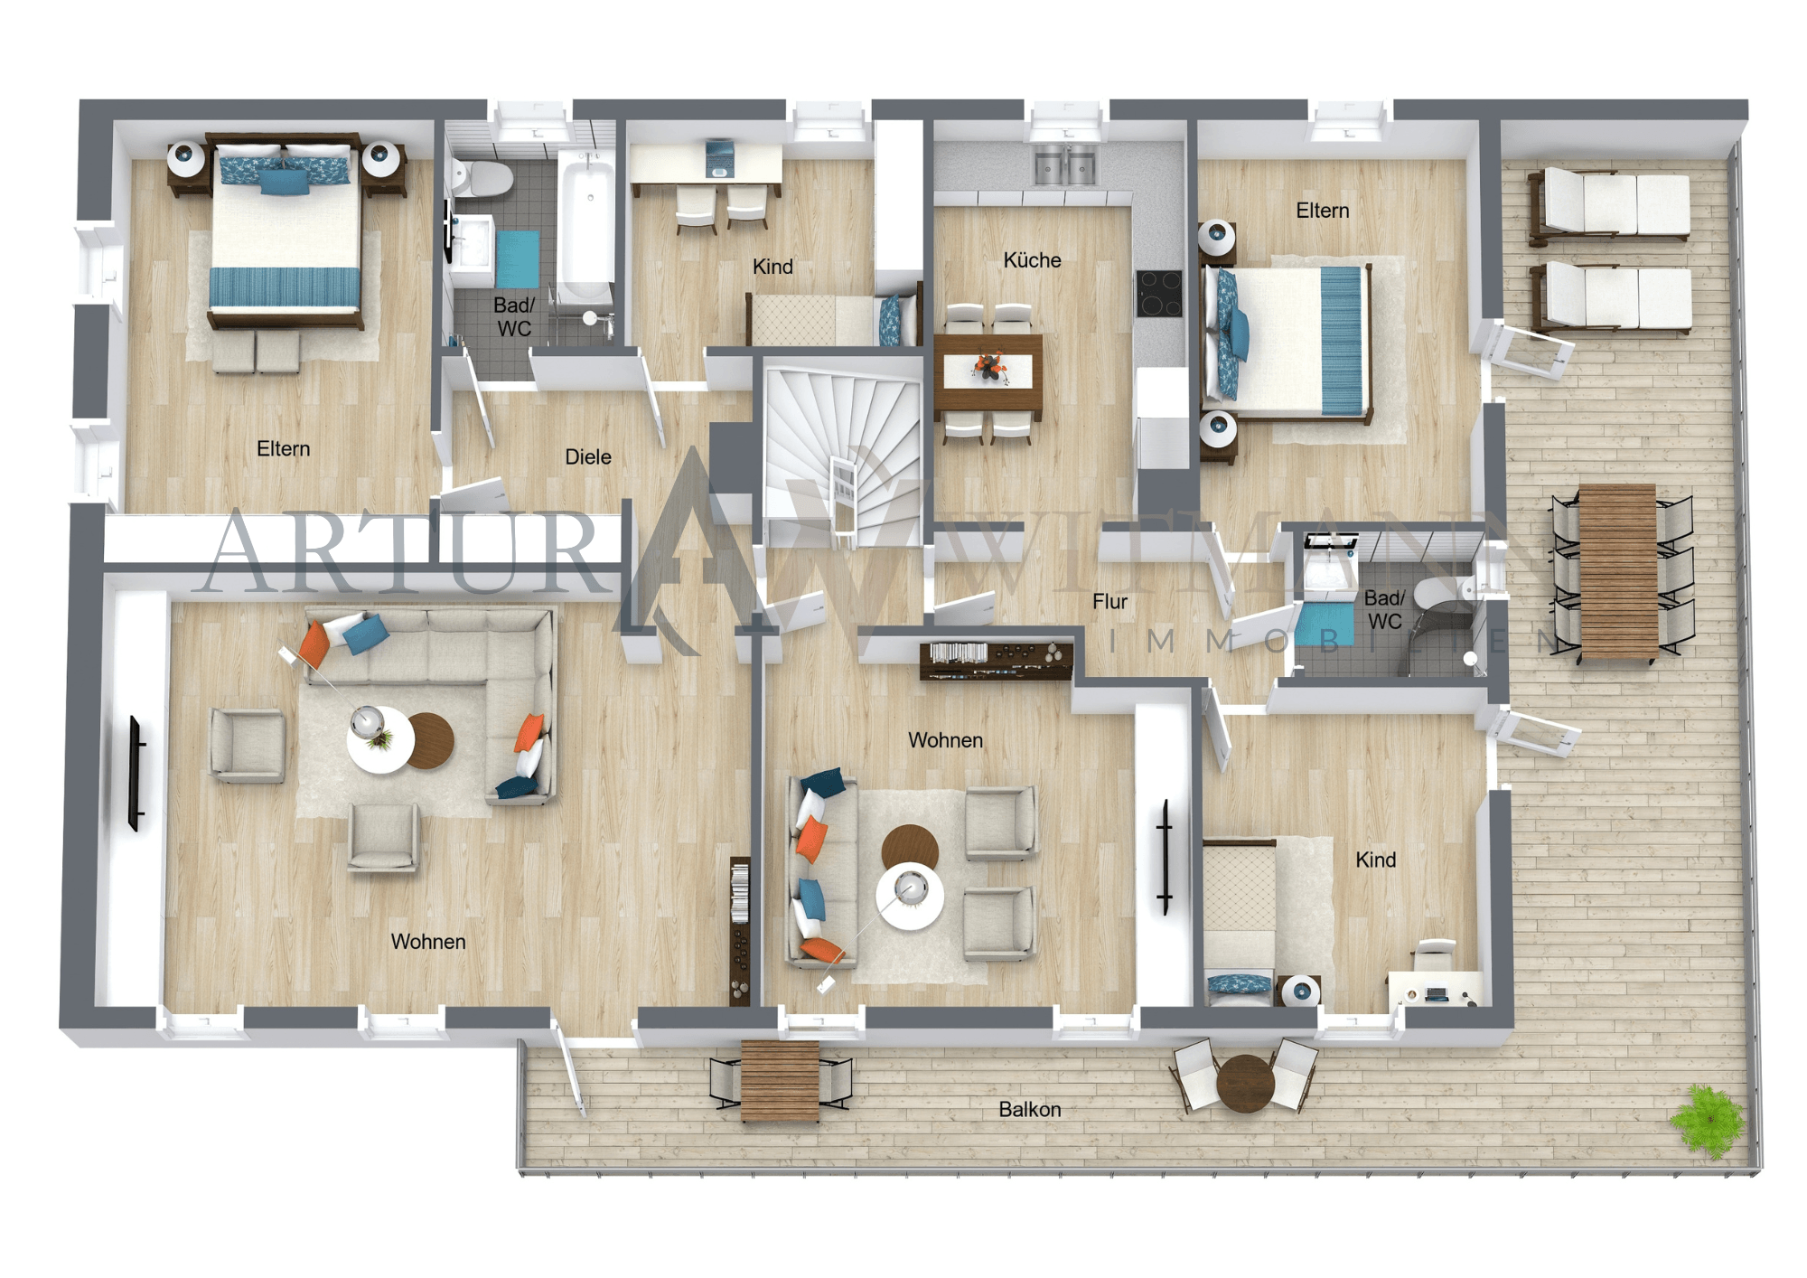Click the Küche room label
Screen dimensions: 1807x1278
(1032, 260)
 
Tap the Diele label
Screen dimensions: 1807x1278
(588, 457)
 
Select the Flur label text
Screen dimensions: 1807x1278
(1109, 602)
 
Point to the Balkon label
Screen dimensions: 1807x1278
(1030, 1110)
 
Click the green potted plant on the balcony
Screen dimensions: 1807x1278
(1707, 1122)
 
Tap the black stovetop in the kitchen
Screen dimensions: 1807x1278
(1159, 294)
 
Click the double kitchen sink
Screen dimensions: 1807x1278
(1065, 167)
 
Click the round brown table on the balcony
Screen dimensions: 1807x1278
(1245, 1082)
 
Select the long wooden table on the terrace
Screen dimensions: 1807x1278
(1618, 571)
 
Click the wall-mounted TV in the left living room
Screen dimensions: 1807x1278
(136, 773)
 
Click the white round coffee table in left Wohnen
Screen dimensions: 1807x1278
(379, 740)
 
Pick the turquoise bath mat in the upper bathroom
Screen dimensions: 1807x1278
(517, 258)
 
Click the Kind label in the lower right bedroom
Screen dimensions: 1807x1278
(1375, 860)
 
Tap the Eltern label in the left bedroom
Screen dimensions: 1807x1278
(283, 449)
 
